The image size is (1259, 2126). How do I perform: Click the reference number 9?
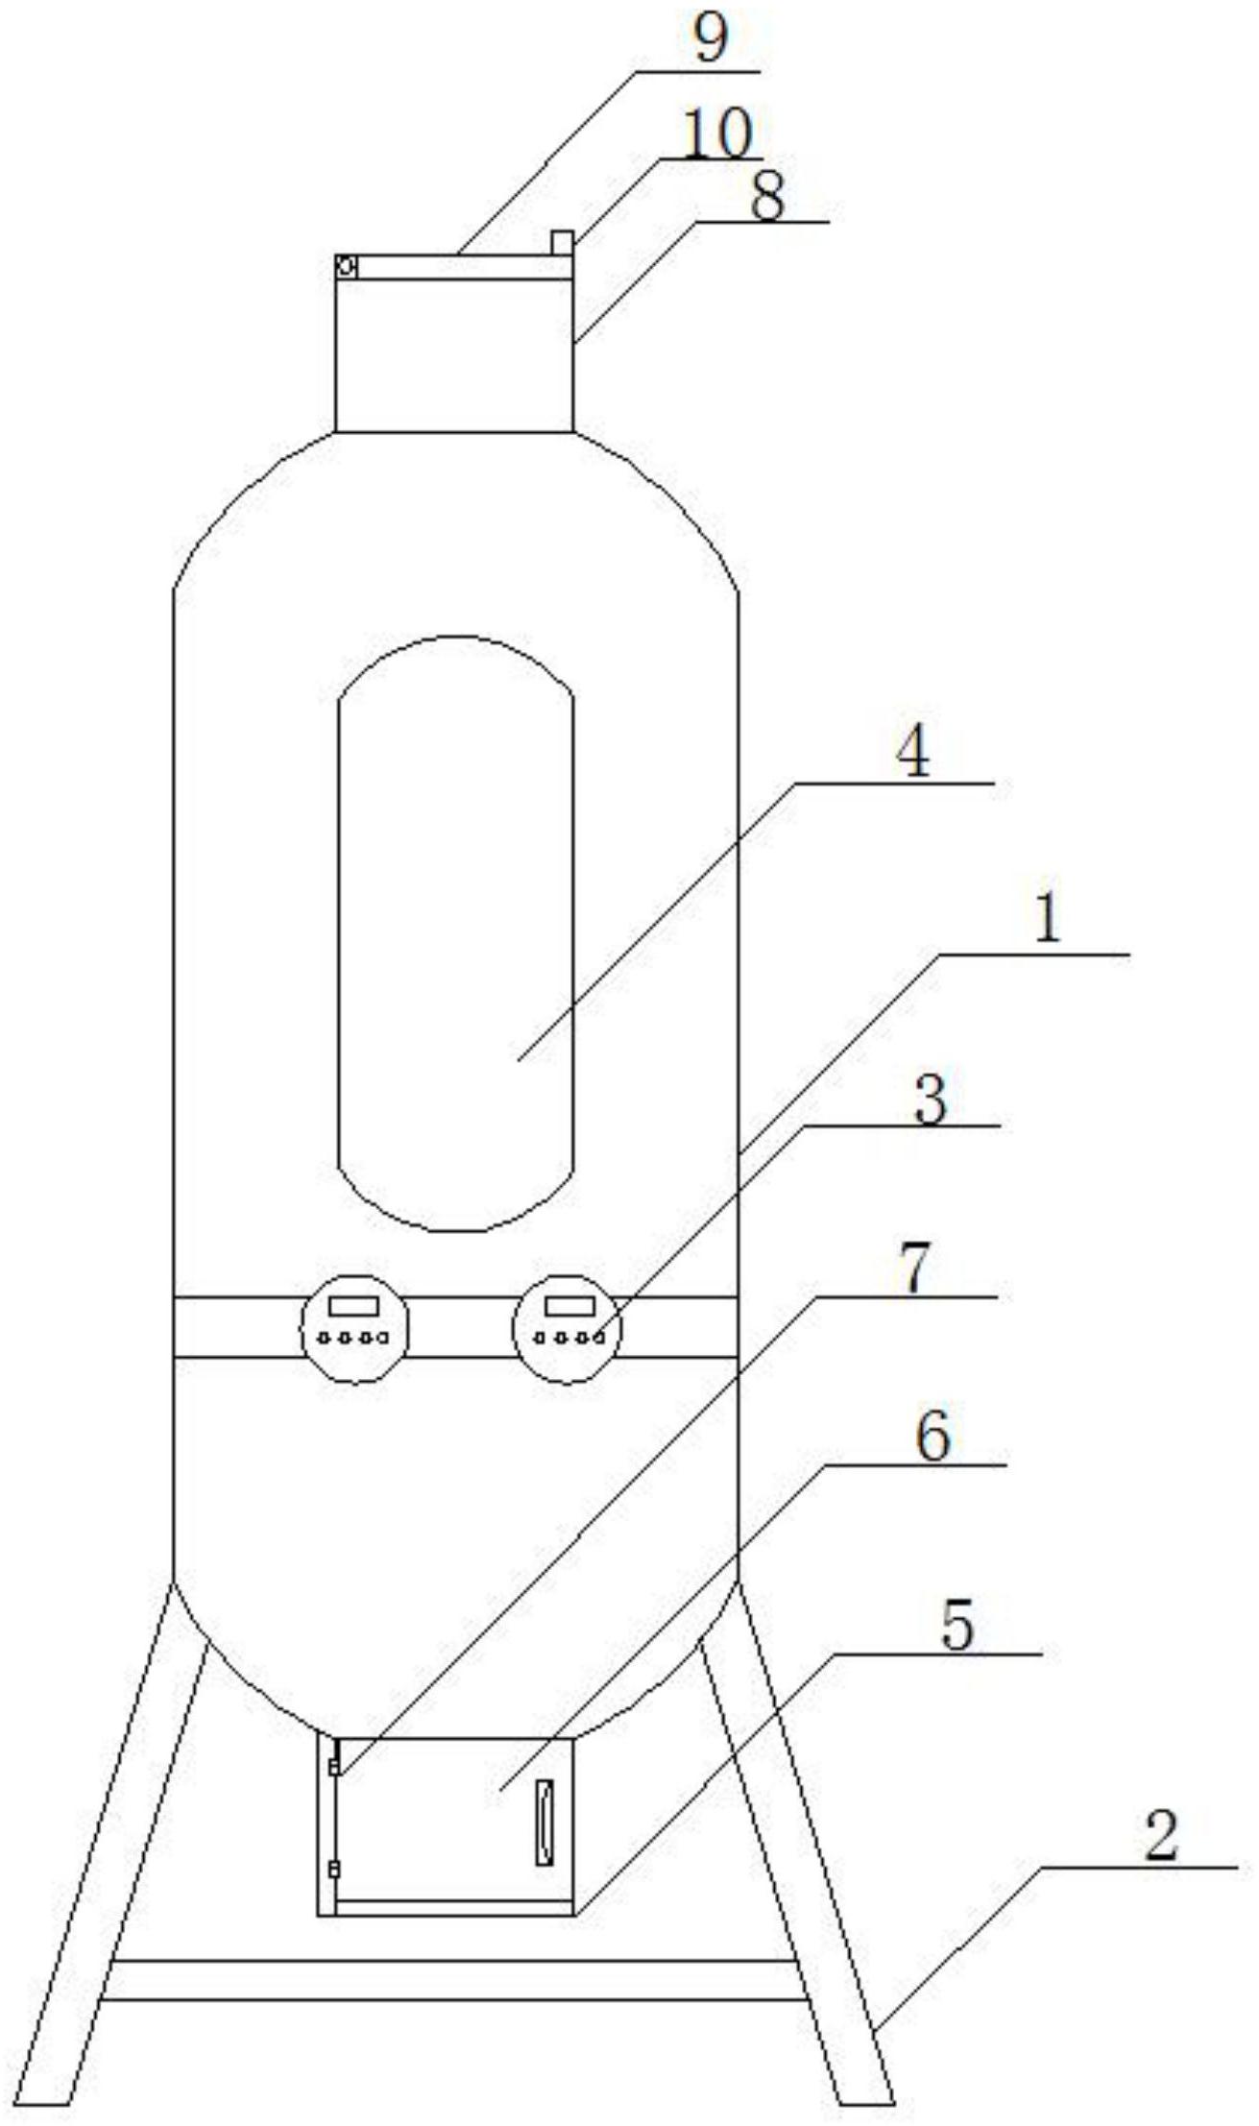point(711,39)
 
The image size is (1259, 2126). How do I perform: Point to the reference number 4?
point(912,754)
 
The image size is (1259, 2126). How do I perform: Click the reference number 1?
point(1048,919)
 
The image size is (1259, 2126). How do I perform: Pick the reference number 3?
point(930,1099)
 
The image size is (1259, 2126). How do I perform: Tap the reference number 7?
point(914,1268)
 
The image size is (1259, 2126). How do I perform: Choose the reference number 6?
point(932,1437)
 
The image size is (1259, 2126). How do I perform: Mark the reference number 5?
point(956,1626)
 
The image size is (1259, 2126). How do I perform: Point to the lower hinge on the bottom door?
point(333,1869)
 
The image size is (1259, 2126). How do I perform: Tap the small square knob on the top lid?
point(562,242)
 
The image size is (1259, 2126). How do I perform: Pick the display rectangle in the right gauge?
point(564,1306)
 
